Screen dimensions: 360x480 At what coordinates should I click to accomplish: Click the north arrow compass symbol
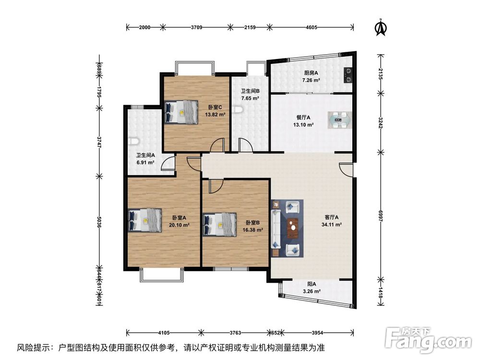(x=381, y=27)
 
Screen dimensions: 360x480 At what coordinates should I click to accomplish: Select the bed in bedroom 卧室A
(x=145, y=220)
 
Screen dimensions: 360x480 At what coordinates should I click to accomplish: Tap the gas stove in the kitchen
(x=348, y=73)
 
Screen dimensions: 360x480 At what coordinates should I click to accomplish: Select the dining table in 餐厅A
(x=340, y=120)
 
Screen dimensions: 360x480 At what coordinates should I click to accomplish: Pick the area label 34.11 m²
(x=331, y=224)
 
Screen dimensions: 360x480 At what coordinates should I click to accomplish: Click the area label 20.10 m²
(x=179, y=224)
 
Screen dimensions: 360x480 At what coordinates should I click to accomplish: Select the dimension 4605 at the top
(x=312, y=27)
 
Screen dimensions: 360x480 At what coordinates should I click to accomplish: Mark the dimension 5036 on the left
(x=99, y=221)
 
